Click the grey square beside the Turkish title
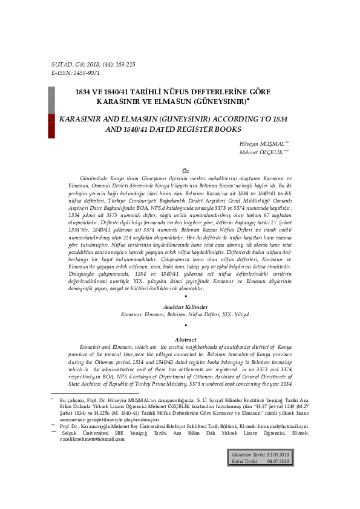(x=51, y=96)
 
